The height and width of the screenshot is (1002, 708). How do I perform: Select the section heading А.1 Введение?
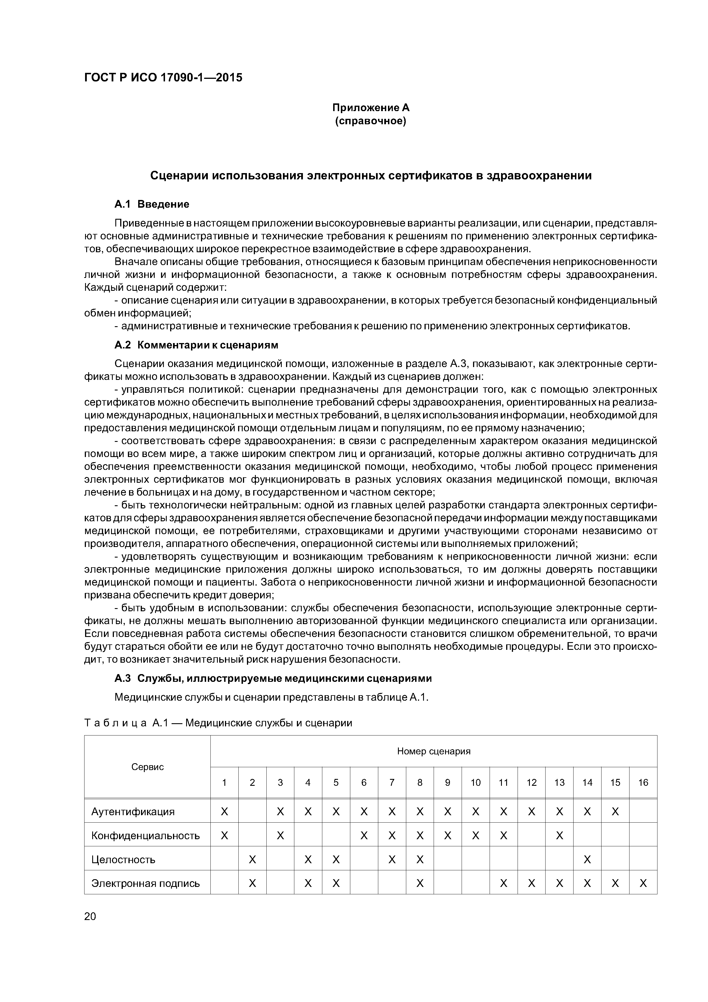152,204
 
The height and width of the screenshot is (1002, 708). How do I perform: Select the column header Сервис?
147,767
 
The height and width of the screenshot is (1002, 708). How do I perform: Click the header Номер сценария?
434,751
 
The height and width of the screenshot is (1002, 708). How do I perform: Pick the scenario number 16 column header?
643,782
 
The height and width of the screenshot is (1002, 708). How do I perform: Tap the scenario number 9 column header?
448,782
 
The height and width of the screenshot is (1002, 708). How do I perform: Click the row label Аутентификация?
133,812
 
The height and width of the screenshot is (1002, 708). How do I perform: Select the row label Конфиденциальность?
146,836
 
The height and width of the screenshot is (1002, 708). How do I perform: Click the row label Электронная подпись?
146,883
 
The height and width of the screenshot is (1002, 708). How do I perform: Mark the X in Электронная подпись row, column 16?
643,883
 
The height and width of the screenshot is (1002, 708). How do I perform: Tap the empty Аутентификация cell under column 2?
252,812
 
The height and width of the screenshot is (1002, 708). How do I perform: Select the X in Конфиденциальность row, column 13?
559,836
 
